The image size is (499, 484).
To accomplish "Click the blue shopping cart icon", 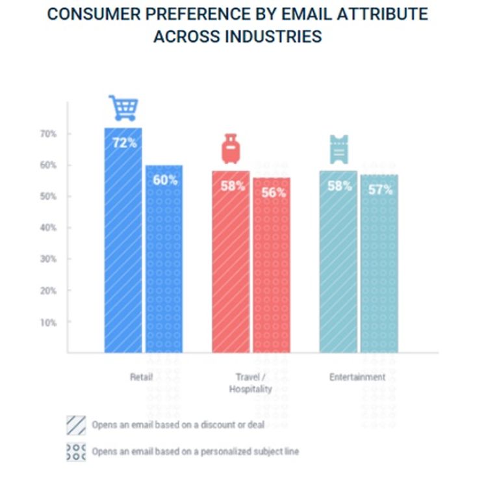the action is (123, 108).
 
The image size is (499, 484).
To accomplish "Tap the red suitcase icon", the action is (231, 149).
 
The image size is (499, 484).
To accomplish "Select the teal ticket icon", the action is (339, 150).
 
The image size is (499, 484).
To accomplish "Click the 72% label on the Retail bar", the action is (125, 143).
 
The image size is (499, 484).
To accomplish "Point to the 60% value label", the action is (165, 180).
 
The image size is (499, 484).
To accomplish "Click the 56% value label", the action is (274, 193).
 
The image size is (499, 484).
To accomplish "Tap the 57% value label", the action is (380, 190).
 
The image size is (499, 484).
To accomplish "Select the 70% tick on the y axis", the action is (48, 134).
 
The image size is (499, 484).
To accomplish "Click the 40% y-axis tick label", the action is (48, 228).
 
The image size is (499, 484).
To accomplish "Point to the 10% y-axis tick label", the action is (48, 323).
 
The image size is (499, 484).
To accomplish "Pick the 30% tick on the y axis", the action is (48, 259).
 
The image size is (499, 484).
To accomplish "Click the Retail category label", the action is (141, 377).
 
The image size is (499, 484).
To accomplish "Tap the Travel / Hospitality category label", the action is (250, 383).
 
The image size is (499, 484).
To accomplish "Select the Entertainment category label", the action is (357, 377).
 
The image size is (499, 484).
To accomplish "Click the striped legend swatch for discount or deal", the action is (76, 425).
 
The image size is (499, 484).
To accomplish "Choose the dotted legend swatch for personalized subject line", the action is (76, 452).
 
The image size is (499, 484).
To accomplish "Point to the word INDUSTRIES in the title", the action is (273, 36).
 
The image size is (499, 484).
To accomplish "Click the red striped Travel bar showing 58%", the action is (231, 262).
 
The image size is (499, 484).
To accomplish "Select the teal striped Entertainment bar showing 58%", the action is (339, 262).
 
